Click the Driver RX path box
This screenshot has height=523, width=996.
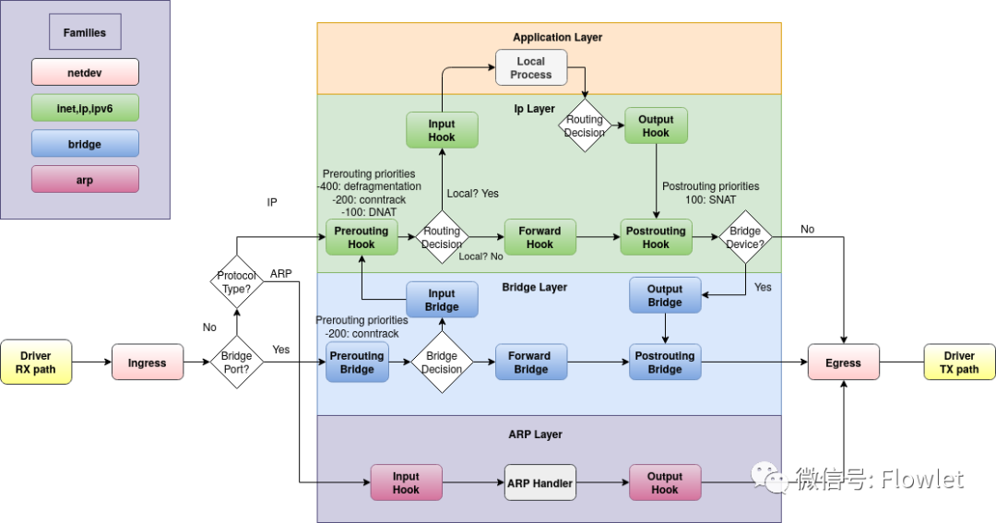coord(36,363)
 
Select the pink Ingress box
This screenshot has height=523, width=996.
coord(147,363)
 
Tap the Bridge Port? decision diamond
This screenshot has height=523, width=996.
coord(236,363)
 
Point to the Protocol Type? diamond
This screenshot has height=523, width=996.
coord(236,281)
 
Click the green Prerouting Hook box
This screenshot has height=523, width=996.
coord(362,237)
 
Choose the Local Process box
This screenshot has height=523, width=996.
coord(531,68)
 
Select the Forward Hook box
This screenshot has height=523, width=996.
coord(539,237)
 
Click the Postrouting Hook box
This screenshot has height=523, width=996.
coord(656,237)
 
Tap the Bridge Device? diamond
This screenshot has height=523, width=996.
coord(745,237)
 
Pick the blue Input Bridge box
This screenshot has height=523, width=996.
coord(442,300)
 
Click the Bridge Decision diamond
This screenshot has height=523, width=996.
coord(442,363)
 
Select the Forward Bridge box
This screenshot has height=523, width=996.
coord(530,363)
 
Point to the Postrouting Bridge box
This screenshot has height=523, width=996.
coord(665,363)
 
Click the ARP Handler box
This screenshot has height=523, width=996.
coord(540,482)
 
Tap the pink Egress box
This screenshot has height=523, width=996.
coord(843,363)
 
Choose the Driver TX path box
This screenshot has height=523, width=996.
coord(959,363)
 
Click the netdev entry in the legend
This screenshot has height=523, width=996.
coord(85,72)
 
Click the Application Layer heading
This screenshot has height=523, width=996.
coord(557,38)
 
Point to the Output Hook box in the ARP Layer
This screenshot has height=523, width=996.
coord(665,482)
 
